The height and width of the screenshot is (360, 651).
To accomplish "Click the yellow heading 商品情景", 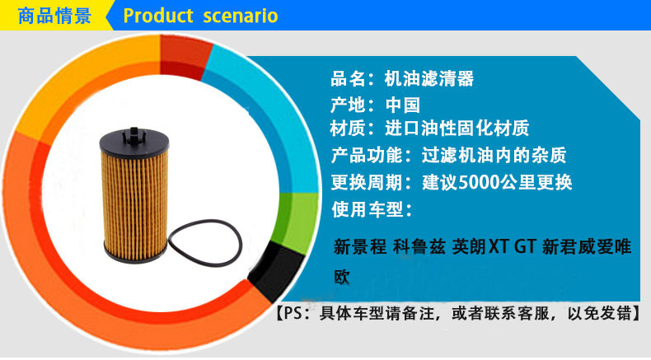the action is (54, 16).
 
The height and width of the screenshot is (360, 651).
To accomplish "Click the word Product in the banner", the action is (158, 16).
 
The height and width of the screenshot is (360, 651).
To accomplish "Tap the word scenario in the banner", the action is (241, 16).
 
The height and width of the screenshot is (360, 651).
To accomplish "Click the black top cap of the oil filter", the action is (134, 140).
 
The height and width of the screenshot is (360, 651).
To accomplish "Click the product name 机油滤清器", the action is (429, 78).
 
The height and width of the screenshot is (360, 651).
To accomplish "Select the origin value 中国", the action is (403, 105).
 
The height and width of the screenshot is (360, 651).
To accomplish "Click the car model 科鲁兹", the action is (419, 246).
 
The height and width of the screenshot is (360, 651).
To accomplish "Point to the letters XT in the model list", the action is (499, 246).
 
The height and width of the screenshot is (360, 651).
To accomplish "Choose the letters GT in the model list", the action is (525, 246).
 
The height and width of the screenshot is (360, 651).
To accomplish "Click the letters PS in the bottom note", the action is (293, 313).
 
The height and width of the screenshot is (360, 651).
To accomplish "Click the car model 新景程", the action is (359, 246).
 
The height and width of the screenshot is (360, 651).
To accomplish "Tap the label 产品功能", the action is (367, 156).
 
